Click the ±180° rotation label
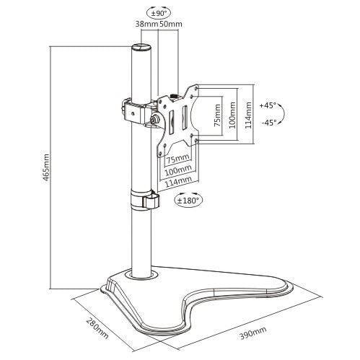pyautogui.click(x=189, y=200)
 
